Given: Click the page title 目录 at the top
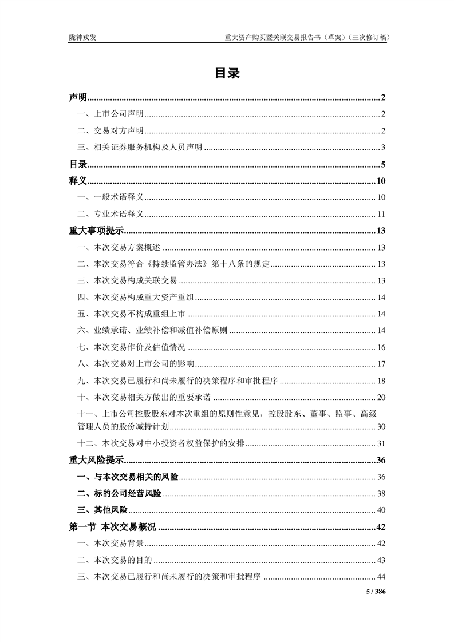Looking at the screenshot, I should tap(227, 73).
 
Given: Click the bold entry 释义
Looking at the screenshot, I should tap(78, 181).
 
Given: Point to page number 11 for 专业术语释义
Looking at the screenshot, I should tap(381, 215).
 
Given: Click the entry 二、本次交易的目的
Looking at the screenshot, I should tap(115, 560).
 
